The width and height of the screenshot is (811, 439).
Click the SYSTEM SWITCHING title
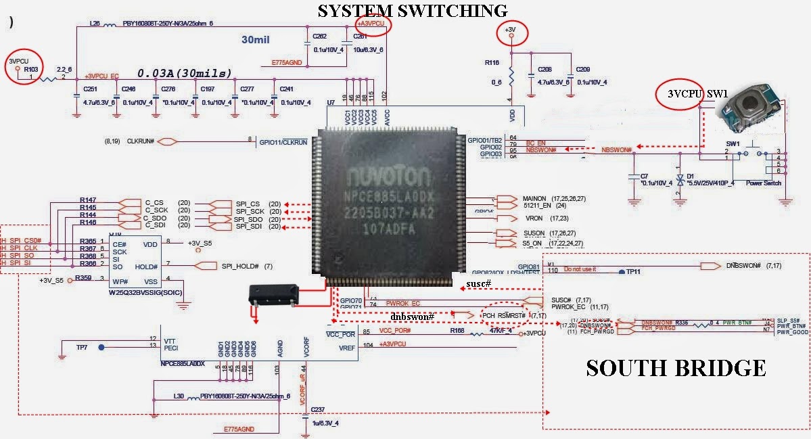pos(413,10)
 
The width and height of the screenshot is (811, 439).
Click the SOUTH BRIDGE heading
pos(675,368)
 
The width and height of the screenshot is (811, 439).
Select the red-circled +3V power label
pos(512,30)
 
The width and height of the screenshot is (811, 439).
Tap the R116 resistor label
pos(492,62)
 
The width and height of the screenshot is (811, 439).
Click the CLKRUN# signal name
pos(141,142)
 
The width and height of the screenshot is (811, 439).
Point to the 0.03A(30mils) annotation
pos(185,72)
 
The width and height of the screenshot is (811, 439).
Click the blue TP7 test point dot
pos(101,347)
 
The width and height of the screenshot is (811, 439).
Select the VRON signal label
pos(534,218)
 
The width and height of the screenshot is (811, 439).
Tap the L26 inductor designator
pos(95,23)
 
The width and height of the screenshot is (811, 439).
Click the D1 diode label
pos(691,175)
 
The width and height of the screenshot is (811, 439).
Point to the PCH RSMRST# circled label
pos(504,315)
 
